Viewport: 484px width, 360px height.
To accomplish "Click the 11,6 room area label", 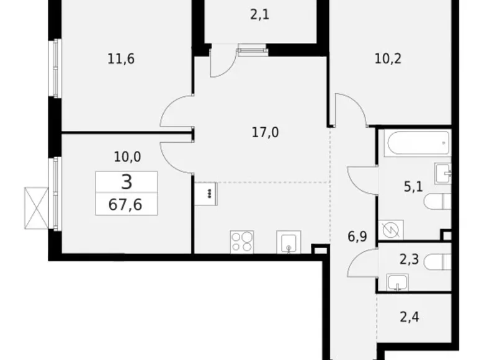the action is tap(121, 59).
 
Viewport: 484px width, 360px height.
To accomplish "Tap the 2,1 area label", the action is tap(259, 14).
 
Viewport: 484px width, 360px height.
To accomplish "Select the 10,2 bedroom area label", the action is tap(388, 58).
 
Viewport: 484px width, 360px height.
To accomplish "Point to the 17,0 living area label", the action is tap(265, 132).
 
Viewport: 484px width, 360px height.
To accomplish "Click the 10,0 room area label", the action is tap(127, 157).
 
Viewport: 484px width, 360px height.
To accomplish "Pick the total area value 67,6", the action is tap(125, 204).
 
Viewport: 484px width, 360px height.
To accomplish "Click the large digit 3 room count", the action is tap(127, 182).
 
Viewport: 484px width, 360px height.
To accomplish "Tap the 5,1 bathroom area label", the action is tap(413, 186).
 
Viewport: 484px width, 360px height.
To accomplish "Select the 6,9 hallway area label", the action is tap(357, 237).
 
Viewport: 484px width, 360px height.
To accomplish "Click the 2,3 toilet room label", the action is tap(409, 259).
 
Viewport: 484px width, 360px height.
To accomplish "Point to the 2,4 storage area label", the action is tap(410, 317).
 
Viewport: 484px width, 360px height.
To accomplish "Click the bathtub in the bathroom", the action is tap(419, 143).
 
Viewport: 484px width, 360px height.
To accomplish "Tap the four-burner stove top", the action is tap(242, 242).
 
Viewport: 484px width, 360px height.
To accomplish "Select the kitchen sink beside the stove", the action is tap(289, 242).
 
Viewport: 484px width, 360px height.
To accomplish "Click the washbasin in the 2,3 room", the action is tap(398, 282).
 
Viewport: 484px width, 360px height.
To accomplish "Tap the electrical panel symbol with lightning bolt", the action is tap(391, 230).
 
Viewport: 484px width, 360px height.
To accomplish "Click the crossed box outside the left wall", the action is tap(37, 208).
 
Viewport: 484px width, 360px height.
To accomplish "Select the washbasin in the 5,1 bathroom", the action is tap(443, 174).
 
